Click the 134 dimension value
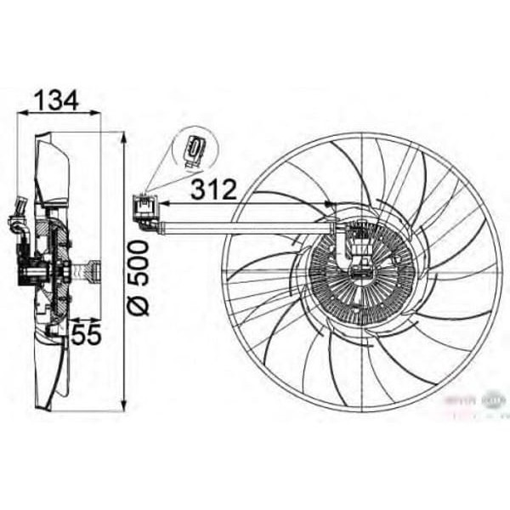56,100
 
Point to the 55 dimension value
85,334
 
